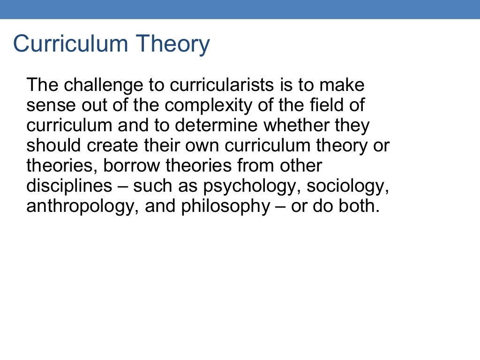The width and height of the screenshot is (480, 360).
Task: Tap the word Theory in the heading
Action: pyautogui.click(x=173, y=44)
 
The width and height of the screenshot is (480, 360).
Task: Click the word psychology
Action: pyautogui.click(x=252, y=186)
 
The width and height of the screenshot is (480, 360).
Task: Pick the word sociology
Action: pyautogui.click(x=348, y=186)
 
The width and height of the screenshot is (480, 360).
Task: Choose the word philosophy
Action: pyautogui.click(x=227, y=206)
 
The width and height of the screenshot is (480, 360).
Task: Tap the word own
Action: pyautogui.click(x=203, y=146)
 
